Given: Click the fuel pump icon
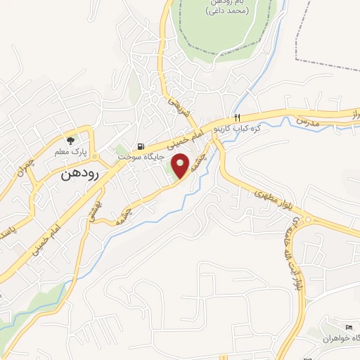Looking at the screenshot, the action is coord(142,147).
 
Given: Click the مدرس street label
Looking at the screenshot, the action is coord(308,122).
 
